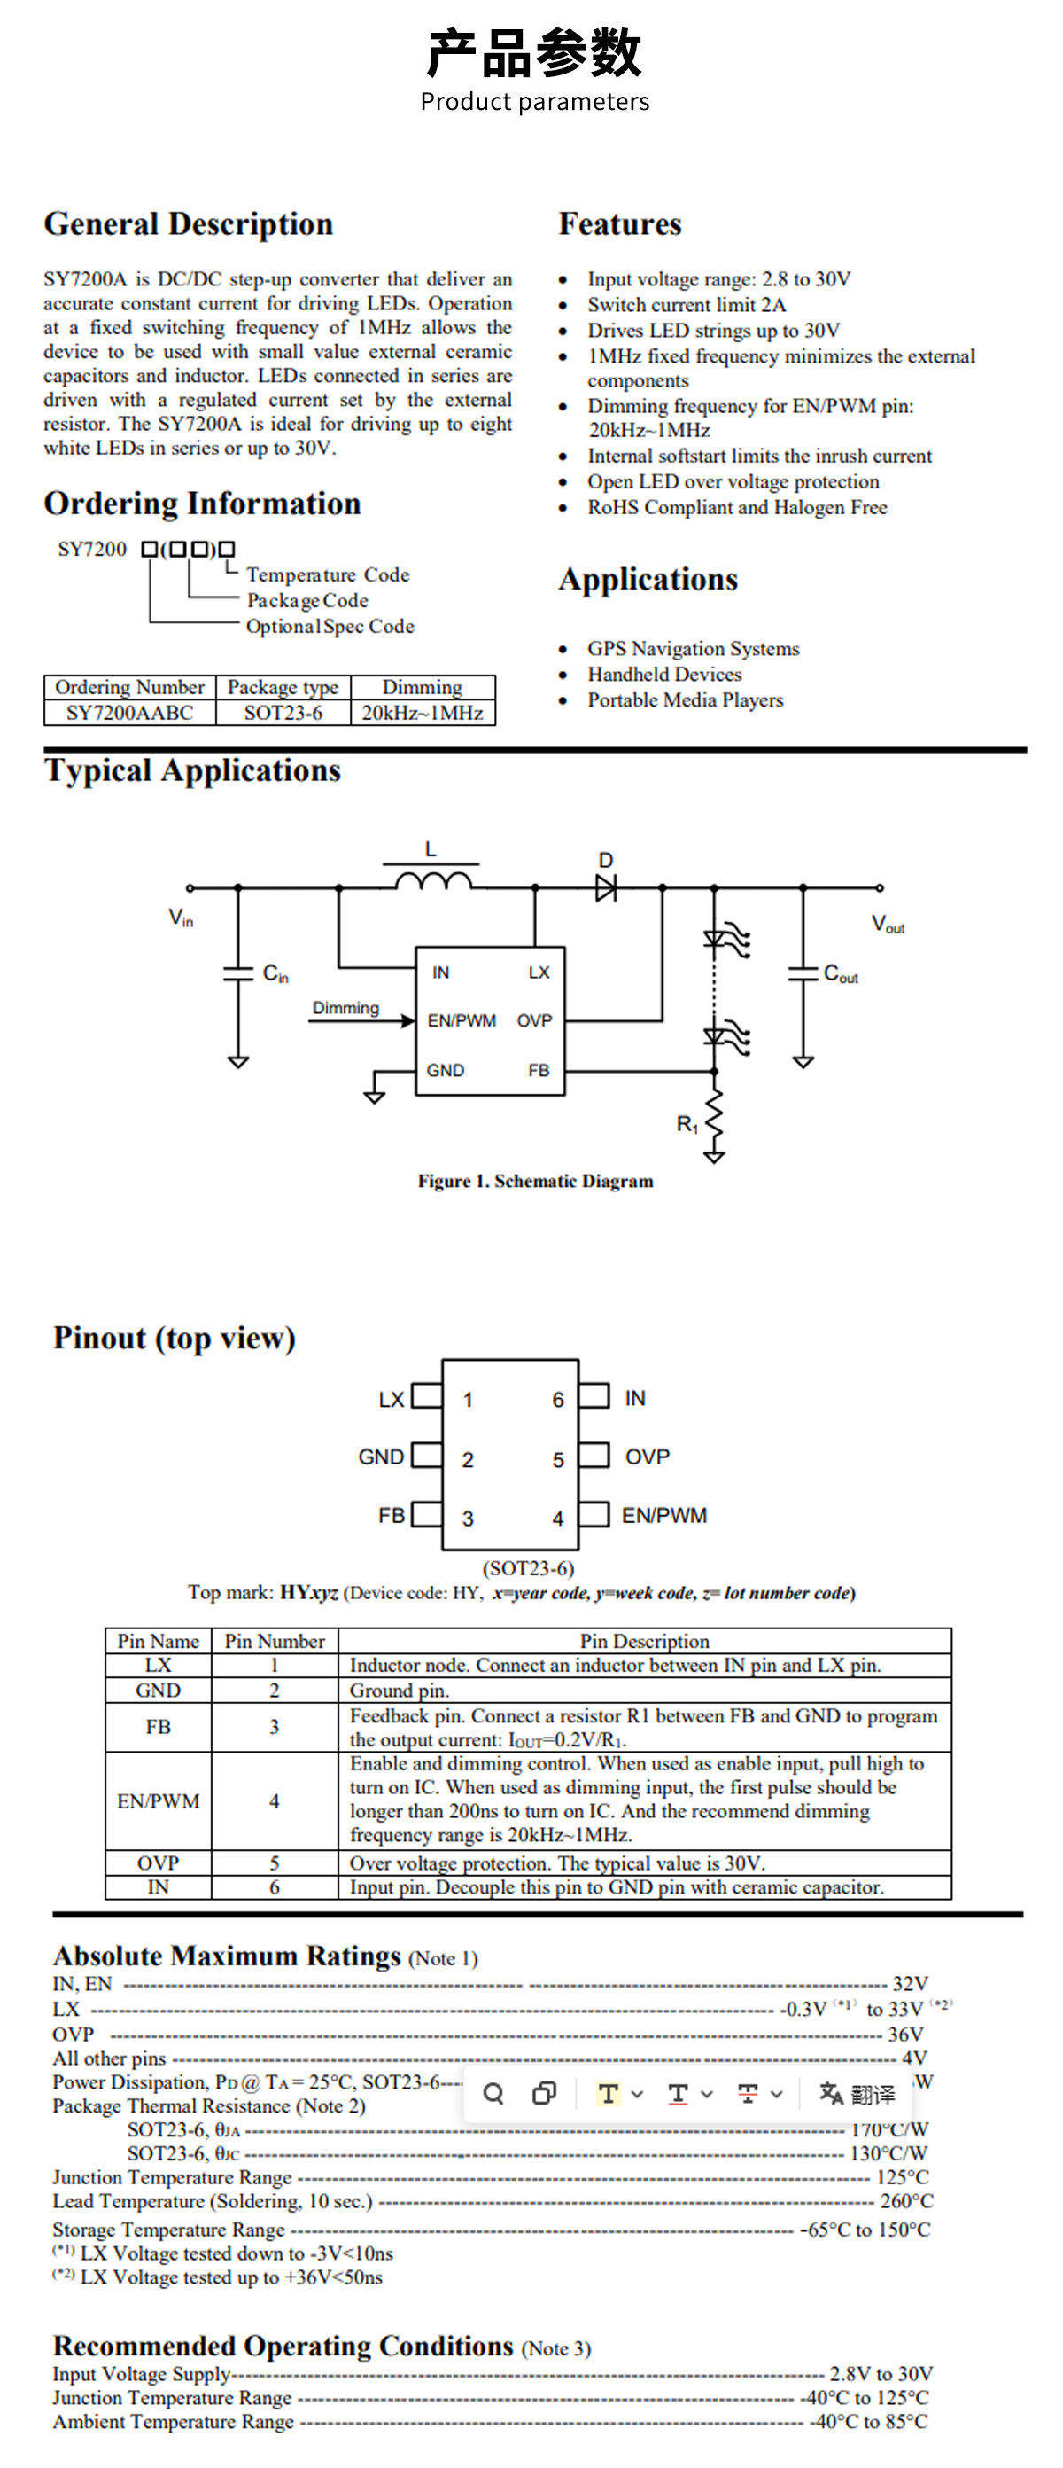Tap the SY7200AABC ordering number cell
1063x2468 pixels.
129,713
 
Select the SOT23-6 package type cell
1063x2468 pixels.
283,713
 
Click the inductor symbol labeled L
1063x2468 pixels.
434,879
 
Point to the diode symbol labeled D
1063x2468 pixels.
605,888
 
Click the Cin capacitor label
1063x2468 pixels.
275,974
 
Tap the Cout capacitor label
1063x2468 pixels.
841,974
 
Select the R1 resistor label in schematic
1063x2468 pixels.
687,1125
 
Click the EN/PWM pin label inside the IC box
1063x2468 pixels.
462,1021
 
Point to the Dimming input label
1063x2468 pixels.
345,1008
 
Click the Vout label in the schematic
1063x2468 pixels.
888,925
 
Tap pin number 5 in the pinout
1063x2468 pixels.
558,1460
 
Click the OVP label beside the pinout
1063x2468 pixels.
648,1457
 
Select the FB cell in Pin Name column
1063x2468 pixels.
158,1727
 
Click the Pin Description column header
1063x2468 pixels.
645,1641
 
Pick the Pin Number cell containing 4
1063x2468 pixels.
274,1801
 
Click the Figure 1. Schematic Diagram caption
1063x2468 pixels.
535,1182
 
